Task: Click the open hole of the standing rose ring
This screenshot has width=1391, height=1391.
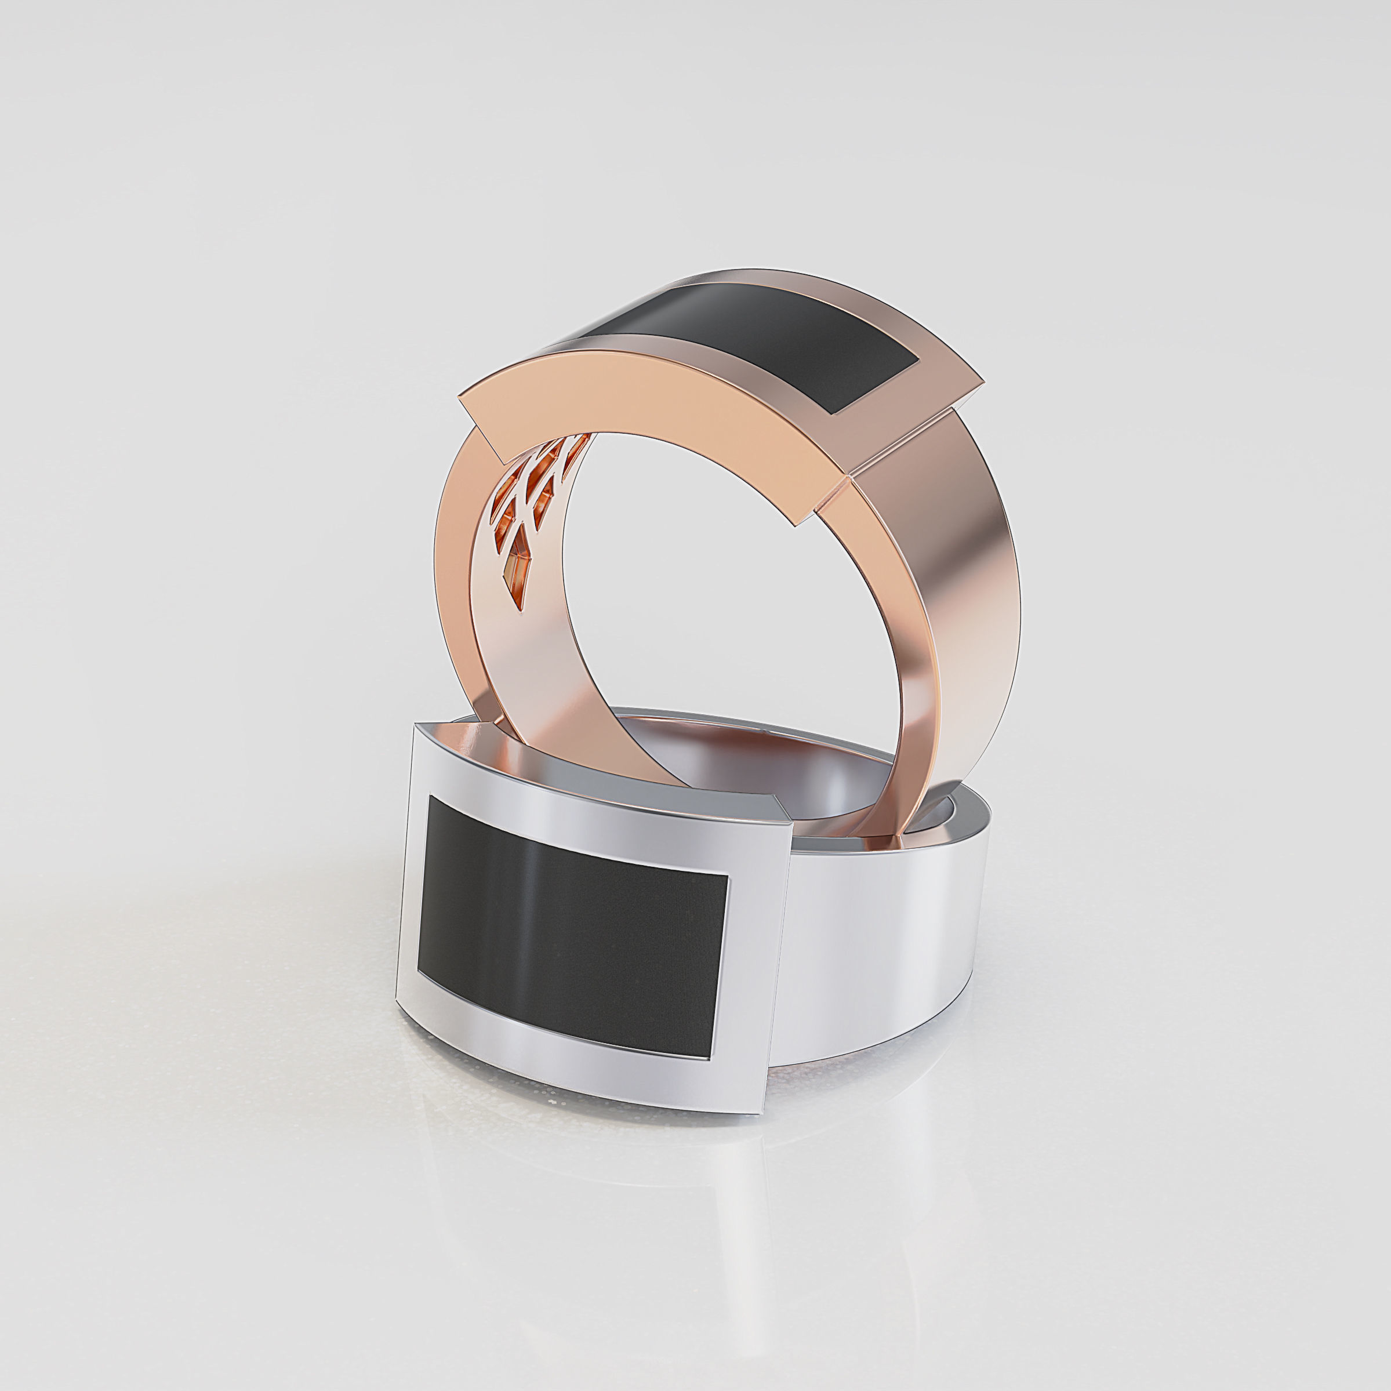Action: [720, 612]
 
